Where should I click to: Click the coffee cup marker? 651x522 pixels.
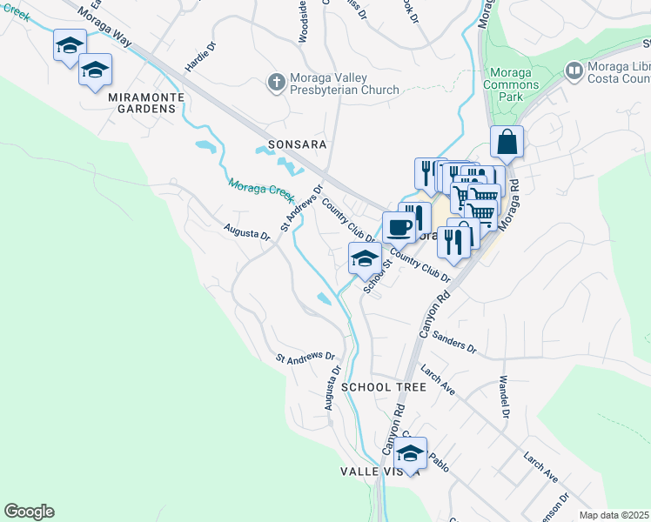(399, 227)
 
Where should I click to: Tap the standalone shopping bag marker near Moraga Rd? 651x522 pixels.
(507, 142)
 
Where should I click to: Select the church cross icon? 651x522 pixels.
(276, 82)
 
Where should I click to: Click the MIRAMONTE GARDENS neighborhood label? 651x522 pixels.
(142, 109)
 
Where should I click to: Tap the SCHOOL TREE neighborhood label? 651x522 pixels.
(384, 386)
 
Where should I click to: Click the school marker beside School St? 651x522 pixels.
(364, 258)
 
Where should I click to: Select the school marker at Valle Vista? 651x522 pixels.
(411, 452)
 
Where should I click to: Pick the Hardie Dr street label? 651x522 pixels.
(199, 57)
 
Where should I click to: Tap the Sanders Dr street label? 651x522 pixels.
(454, 345)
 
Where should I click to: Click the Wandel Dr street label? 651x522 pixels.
(503, 396)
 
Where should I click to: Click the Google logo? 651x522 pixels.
(29, 512)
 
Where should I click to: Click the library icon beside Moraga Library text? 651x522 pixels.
(574, 70)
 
